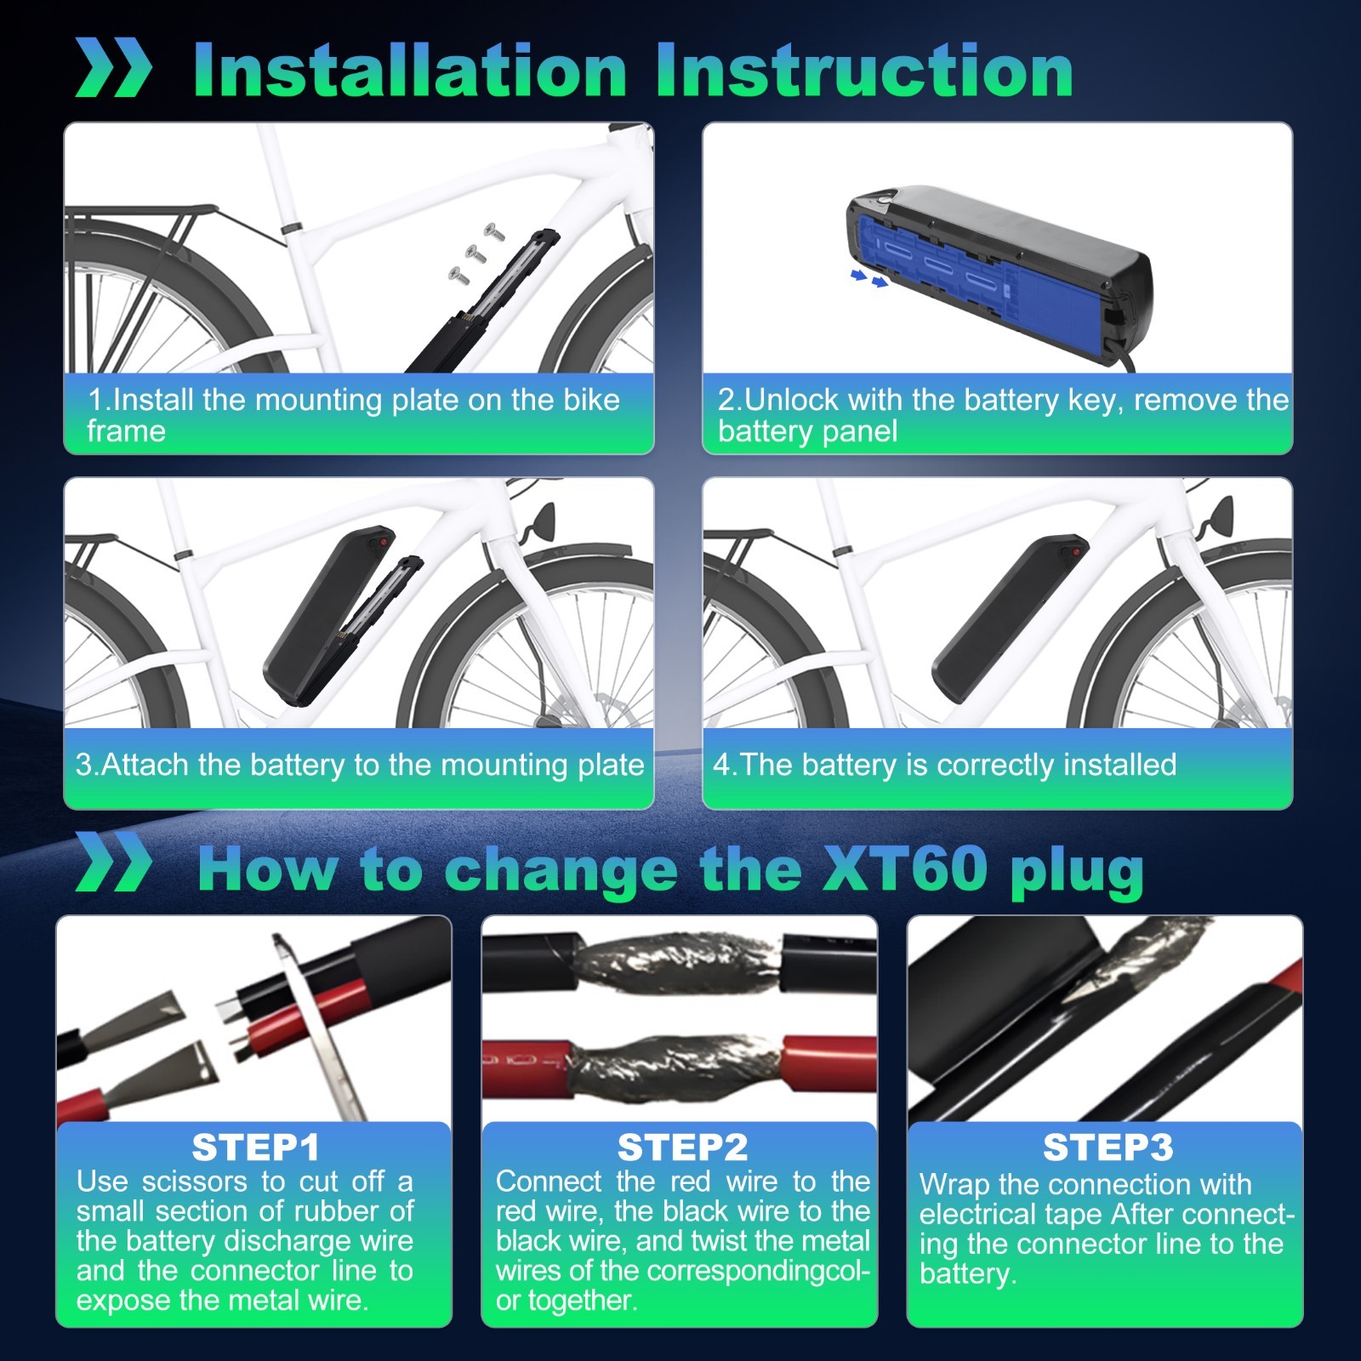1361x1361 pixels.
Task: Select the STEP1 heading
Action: point(255,1147)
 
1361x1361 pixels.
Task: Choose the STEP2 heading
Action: point(682,1147)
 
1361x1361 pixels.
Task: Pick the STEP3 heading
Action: point(1108,1147)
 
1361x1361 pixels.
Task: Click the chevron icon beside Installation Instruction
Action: point(113,67)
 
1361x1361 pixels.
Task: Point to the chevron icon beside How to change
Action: point(113,863)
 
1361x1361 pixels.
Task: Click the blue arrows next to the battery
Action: point(869,277)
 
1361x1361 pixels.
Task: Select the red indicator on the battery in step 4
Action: point(1076,552)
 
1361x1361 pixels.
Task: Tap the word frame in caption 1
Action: point(126,431)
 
